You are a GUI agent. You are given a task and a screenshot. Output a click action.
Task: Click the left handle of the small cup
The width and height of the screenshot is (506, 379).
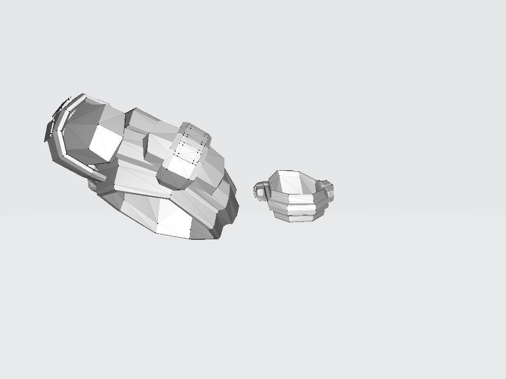(x=260, y=190)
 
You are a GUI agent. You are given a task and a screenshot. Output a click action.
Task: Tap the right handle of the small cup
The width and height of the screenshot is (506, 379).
(x=327, y=189)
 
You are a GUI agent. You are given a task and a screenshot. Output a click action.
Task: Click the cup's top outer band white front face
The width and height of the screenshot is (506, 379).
(x=301, y=199)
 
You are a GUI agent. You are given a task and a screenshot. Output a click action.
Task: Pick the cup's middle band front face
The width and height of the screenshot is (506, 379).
(x=301, y=209)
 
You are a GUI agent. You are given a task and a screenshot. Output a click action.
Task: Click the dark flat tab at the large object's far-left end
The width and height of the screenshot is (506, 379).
(x=49, y=131)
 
